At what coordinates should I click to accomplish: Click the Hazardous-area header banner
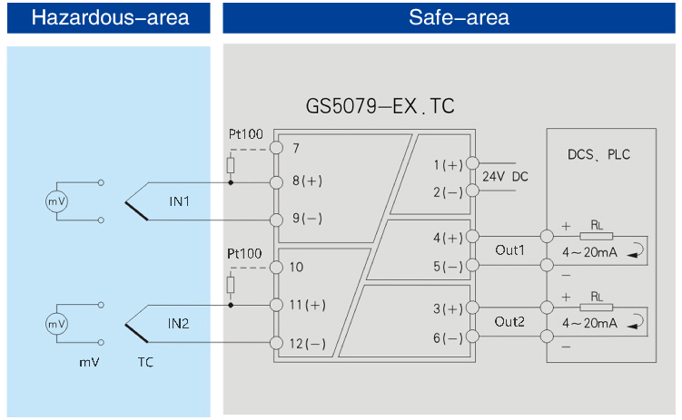click(x=109, y=17)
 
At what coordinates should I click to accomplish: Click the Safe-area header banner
click(x=451, y=17)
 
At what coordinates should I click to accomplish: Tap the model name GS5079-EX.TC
click(x=380, y=107)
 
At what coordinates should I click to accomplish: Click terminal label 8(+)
click(x=307, y=181)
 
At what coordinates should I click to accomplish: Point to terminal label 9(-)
click(x=307, y=219)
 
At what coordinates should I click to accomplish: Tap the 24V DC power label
click(x=505, y=176)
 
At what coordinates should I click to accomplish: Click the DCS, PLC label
click(x=598, y=154)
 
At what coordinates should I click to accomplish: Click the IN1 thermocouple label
click(x=178, y=200)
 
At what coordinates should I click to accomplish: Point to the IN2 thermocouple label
click(x=178, y=323)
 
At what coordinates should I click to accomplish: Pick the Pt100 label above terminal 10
click(x=244, y=253)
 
